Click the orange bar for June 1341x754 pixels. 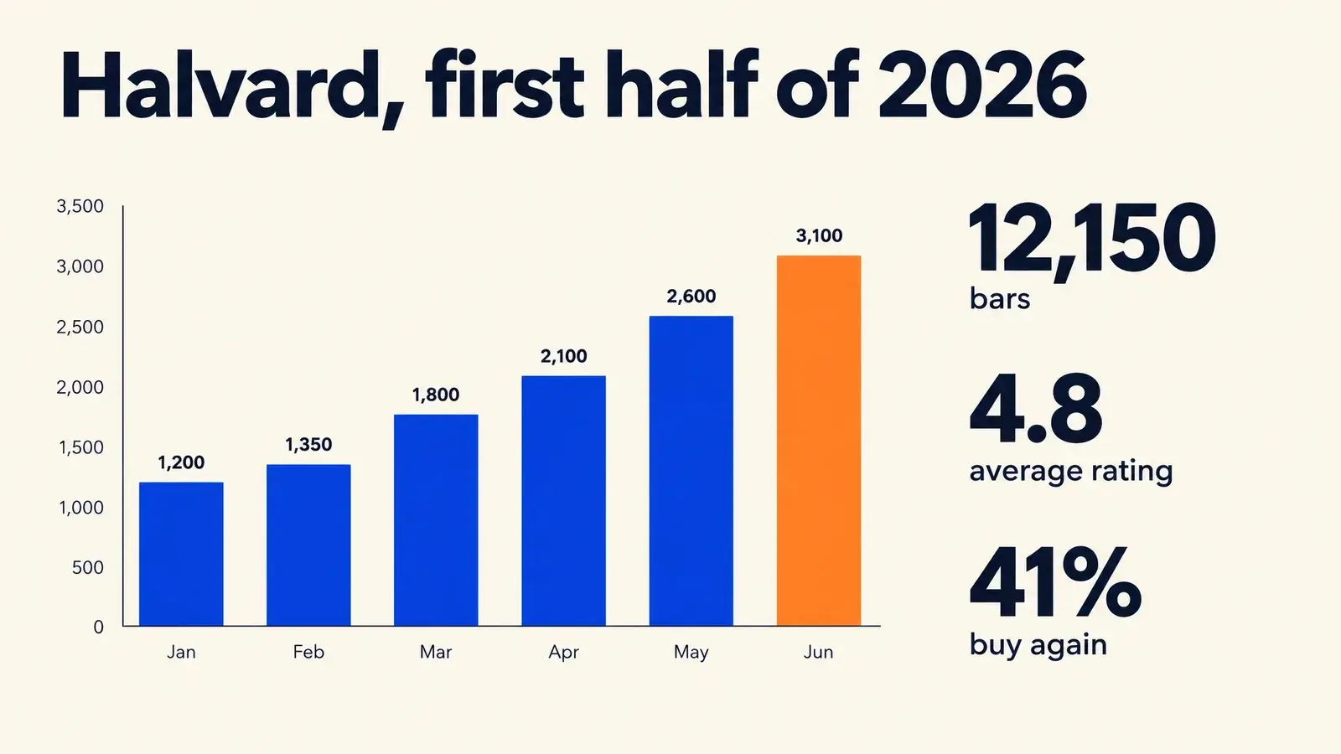pos(818,441)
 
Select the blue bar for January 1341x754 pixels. pos(181,554)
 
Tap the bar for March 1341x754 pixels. pos(436,520)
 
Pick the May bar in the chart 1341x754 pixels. pos(691,471)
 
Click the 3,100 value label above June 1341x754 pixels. pos(819,235)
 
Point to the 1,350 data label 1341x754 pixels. pos(308,445)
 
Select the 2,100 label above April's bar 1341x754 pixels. pos(563,357)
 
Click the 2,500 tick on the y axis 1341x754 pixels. pos(80,327)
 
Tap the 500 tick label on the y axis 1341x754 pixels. pos(87,567)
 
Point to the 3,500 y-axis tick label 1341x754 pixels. pos(80,206)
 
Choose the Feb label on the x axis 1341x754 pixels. pos(308,652)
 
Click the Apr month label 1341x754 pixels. pos(563,653)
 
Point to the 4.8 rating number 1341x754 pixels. pos(1036,410)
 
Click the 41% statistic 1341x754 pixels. pos(1055,582)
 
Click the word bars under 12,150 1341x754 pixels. pos(1000,298)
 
